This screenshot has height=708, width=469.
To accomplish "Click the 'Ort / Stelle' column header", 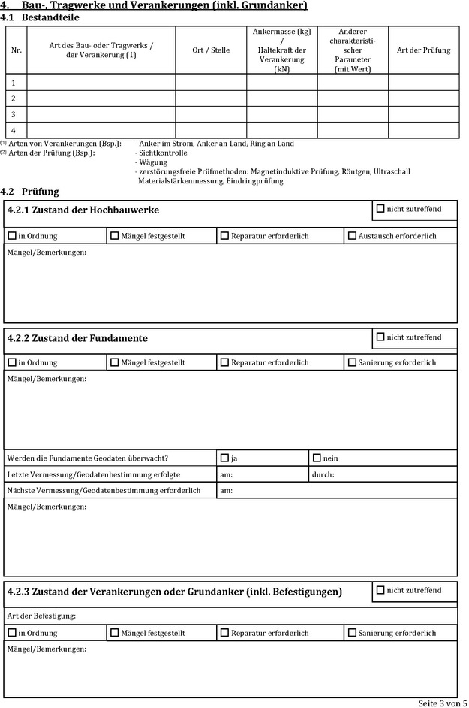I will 211,50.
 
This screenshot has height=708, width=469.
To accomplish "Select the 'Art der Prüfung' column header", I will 424,50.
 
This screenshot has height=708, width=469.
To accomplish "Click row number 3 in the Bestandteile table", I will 14,114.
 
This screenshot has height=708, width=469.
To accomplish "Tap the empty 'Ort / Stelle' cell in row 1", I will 211,83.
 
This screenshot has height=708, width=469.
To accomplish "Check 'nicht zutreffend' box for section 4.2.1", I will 380,209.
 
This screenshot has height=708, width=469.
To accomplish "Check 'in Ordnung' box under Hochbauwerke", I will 12,236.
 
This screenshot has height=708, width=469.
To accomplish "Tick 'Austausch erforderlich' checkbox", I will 352,236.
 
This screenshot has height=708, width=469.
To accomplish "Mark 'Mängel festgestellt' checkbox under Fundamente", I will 114,362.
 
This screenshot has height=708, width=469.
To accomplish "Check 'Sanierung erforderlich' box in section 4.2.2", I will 352,362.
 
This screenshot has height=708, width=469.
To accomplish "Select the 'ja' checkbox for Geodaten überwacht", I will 224,458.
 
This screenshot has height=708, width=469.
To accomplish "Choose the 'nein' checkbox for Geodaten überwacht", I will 317,458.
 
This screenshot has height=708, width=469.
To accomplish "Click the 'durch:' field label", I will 323,475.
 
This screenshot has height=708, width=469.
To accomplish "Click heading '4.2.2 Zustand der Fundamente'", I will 77,338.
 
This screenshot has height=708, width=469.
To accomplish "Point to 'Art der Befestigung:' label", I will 41,616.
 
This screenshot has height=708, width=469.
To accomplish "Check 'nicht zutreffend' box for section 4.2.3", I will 380,591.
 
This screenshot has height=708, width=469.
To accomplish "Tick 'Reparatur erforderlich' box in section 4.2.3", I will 224,633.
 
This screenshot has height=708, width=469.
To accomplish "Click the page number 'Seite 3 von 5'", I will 442,703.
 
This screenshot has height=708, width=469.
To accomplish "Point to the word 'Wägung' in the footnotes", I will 153,162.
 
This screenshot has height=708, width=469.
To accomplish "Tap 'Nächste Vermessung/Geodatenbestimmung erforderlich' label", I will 104,491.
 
